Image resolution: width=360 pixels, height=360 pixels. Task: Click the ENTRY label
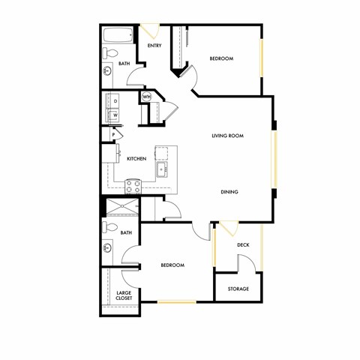click(154, 46)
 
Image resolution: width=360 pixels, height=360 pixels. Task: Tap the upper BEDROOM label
click(221, 58)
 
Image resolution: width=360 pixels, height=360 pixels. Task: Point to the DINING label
click(229, 192)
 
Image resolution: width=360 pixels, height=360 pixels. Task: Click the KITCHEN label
click(136, 158)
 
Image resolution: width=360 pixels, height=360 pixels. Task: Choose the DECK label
click(243, 244)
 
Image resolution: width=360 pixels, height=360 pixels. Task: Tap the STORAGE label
click(238, 289)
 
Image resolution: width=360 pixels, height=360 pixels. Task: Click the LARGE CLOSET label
click(124, 295)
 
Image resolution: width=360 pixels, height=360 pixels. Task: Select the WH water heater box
click(145, 97)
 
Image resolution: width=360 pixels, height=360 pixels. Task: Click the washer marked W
click(115, 115)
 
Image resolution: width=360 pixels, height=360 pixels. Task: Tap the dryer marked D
click(115, 100)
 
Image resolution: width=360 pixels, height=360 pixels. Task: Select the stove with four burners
click(133, 184)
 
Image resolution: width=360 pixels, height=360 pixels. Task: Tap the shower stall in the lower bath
click(121, 208)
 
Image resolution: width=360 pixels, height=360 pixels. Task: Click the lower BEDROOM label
click(172, 265)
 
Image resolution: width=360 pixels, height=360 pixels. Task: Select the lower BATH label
click(126, 233)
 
